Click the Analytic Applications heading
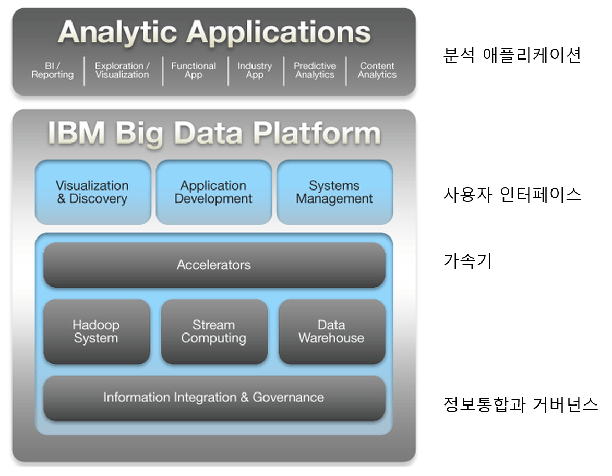click(214, 32)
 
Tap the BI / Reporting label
click(52, 70)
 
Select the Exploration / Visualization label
click(122, 70)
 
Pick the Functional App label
click(194, 70)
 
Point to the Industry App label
click(255, 70)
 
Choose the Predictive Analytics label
click(315, 70)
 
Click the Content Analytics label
click(377, 70)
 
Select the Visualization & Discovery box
click(92, 192)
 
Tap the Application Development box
click(213, 192)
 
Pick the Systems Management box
click(334, 192)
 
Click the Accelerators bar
click(214, 265)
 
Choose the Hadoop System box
click(97, 331)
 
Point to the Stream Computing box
click(214, 331)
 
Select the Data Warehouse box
click(332, 331)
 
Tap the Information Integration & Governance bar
click(214, 398)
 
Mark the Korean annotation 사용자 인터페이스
click(511, 195)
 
